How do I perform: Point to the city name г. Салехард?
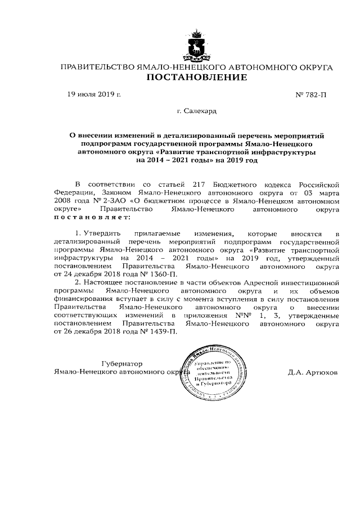click(x=196, y=112)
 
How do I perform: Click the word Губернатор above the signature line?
click(x=122, y=363)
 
